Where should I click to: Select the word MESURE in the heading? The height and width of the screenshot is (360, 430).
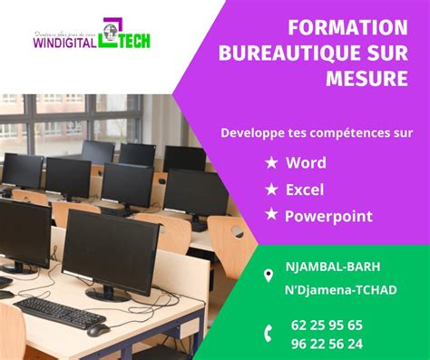pyautogui.click(x=371, y=80)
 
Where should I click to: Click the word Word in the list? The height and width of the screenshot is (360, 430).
pyautogui.click(x=306, y=164)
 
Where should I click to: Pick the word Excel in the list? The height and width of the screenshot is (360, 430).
pyautogui.click(x=306, y=190)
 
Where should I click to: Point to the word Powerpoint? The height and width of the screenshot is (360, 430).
pyautogui.click(x=328, y=216)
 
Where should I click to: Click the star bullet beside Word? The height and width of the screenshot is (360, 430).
pyautogui.click(x=270, y=164)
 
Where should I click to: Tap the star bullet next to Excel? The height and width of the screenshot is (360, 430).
pyautogui.click(x=270, y=190)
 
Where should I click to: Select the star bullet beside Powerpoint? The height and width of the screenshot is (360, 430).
pyautogui.click(x=270, y=216)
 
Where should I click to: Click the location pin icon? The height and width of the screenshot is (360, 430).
pyautogui.click(x=269, y=274)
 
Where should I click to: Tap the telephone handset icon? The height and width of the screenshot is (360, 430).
pyautogui.click(x=269, y=333)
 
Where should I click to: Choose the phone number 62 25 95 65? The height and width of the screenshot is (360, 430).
pyautogui.click(x=328, y=325)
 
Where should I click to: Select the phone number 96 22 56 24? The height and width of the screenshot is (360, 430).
pyautogui.click(x=328, y=344)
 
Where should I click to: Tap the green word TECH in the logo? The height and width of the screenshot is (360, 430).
pyautogui.click(x=132, y=41)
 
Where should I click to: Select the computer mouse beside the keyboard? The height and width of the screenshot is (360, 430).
pyautogui.click(x=98, y=328)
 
